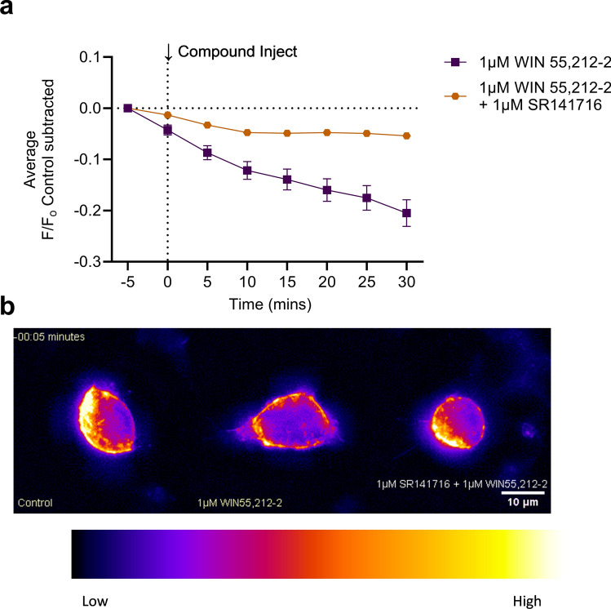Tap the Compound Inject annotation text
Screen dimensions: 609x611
(237, 52)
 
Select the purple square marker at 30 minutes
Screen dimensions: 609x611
(405, 213)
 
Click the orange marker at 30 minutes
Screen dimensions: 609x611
(405, 136)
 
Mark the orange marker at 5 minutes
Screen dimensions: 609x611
(207, 125)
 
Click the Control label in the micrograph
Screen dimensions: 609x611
(36, 503)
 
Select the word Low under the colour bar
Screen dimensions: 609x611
(95, 579)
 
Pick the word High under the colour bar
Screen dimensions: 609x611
(526, 579)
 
